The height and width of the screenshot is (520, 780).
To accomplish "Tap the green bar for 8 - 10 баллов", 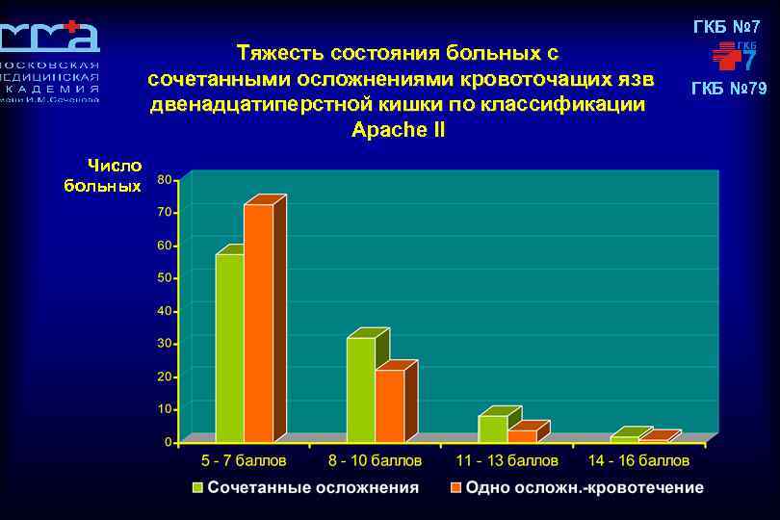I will point(360,389).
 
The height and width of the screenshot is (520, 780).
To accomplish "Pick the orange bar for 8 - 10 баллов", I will point(390,405).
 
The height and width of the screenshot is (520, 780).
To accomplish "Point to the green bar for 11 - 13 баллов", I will point(492,429).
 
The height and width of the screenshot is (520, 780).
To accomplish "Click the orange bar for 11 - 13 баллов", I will point(522,436).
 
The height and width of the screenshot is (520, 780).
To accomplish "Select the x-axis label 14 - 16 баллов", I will point(638,461).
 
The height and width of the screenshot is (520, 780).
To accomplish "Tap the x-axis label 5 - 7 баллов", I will point(244,461).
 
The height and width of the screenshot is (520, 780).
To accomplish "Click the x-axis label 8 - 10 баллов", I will point(376,461).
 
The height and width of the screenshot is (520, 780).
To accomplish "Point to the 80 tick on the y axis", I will point(165,179).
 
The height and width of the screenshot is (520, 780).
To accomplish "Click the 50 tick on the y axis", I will point(165,278).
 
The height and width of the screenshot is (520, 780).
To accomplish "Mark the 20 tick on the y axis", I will point(165,377).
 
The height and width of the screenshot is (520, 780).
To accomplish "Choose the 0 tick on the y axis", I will point(169,442).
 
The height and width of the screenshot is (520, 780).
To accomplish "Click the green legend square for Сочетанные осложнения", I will point(198,487).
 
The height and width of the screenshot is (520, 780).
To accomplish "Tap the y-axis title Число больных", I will point(103,175).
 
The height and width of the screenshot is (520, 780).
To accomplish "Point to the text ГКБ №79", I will point(729,90).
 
